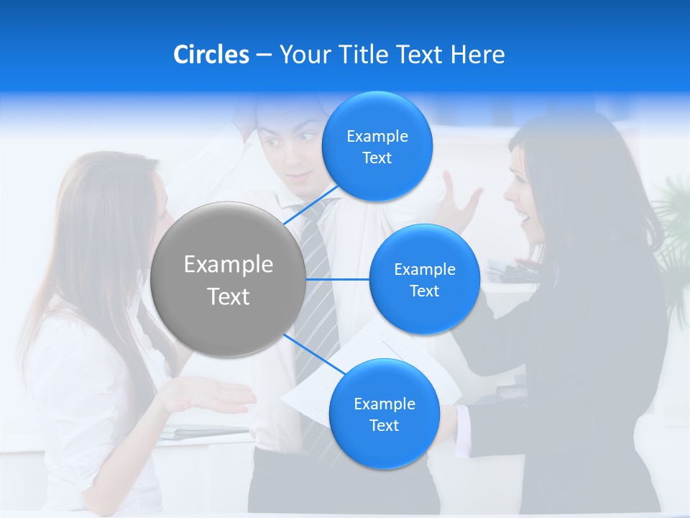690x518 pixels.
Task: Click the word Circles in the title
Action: [x=211, y=55]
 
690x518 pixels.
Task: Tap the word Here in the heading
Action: [x=477, y=55]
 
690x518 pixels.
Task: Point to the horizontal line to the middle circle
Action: [x=338, y=279]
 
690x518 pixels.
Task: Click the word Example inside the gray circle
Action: [x=228, y=265]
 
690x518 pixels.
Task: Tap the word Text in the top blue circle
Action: [x=377, y=158]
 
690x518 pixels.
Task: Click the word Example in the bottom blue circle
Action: [x=384, y=404]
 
